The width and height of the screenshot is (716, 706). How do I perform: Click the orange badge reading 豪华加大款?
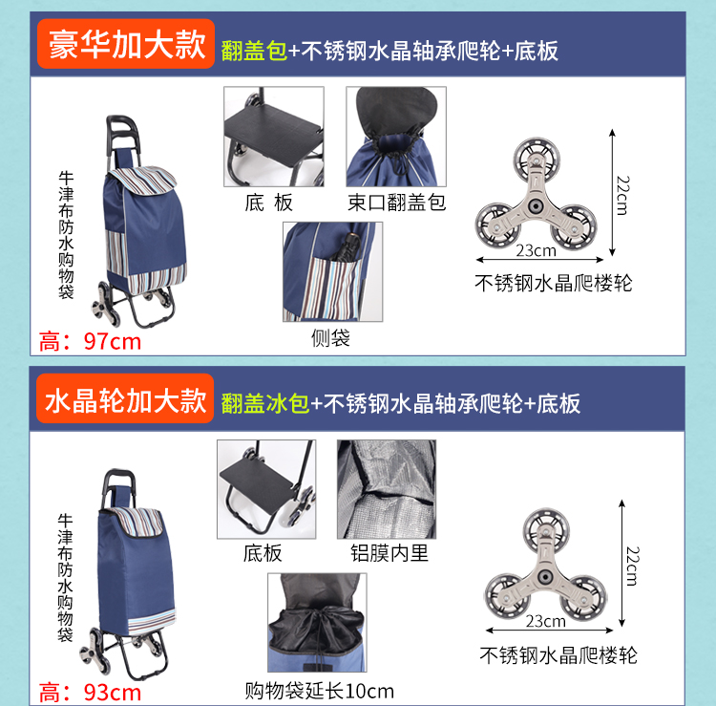coord(126,44)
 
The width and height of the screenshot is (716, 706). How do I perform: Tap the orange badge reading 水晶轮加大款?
coord(125,398)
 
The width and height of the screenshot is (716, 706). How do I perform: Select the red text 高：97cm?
coord(90,342)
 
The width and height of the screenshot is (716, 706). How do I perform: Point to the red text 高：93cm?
coord(90,693)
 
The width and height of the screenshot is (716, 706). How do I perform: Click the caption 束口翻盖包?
coord(396,203)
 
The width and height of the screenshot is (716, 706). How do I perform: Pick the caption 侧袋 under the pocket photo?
coord(330,338)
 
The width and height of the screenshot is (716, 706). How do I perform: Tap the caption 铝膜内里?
coord(390,553)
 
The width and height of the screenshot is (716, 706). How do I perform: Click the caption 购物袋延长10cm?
coord(319,691)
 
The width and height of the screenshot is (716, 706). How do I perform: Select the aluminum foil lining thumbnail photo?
coord(387,489)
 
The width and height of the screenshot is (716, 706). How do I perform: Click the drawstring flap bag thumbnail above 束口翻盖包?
coord(396,137)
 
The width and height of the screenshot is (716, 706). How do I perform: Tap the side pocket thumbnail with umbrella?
coord(333,272)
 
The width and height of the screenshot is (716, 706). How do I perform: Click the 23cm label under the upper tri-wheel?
coord(537,250)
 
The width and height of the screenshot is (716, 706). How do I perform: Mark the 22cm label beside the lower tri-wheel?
coord(632,566)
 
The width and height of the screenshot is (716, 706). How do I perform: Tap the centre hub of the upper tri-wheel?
coord(536,206)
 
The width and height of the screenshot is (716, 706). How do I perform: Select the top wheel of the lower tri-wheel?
coord(547,528)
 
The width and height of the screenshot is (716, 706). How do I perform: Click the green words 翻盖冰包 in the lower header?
coord(265,403)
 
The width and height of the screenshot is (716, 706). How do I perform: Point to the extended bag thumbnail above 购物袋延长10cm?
coord(317,623)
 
